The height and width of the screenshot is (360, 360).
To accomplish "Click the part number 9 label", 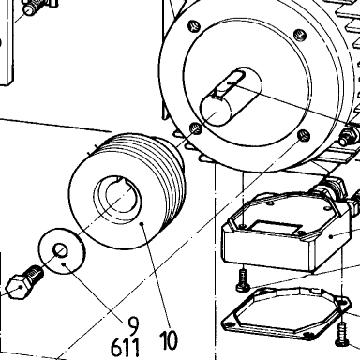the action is click(133, 326).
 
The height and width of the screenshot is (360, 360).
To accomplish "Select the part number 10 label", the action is click(169, 340).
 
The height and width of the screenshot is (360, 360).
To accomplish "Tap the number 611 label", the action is click(126, 348).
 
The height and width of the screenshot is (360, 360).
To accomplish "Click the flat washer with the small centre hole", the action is click(62, 251).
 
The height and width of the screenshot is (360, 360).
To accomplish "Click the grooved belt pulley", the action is click(127, 191).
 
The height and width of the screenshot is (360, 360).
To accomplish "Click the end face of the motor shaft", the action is click(216, 111).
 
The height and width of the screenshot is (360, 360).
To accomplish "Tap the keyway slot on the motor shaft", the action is click(230, 83).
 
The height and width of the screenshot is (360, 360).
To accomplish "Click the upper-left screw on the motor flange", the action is click(194, 26).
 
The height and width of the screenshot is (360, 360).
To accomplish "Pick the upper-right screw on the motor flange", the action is click(300, 34).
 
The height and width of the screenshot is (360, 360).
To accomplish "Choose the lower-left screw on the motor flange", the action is click(196, 128).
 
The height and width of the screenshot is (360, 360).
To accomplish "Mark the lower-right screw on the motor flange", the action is click(304, 135).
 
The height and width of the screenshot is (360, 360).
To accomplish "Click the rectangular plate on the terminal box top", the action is click(275, 228).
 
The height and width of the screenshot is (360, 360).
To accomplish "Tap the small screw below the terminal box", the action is click(243, 280).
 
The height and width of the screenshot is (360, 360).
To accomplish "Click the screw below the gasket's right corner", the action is click(341, 335).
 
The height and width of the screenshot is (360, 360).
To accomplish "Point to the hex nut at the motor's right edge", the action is click(349, 136).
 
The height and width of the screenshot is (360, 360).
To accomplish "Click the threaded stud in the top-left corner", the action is click(35, 7).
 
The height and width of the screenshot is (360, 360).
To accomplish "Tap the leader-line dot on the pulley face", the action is click(142, 224).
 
